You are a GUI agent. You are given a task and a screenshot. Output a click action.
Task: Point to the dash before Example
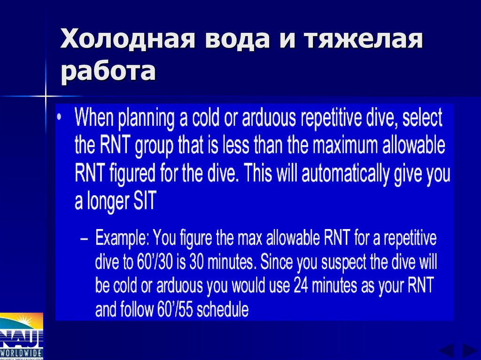[84, 240]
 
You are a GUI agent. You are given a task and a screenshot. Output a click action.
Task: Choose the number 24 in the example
[303, 286]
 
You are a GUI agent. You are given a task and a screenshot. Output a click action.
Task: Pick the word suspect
[335, 263]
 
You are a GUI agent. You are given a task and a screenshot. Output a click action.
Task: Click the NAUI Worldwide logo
[22, 336]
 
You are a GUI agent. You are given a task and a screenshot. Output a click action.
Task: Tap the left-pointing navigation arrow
[446, 351]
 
